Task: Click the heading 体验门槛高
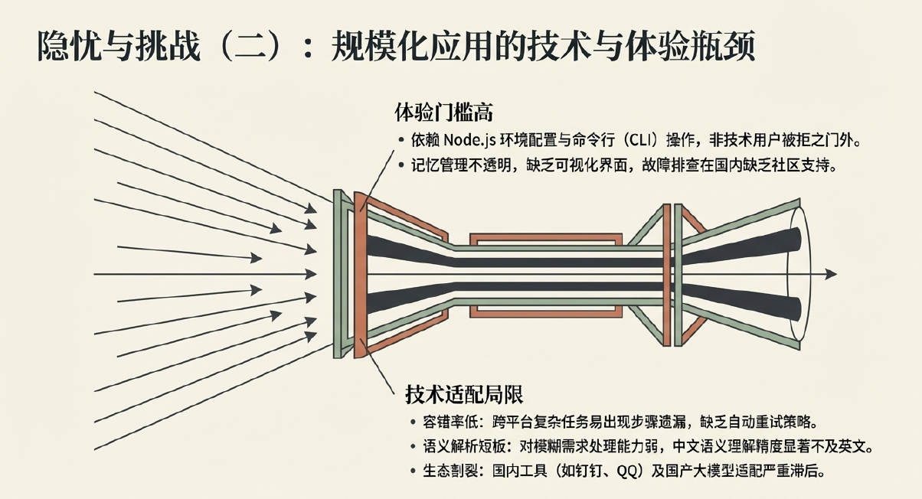(x=443, y=113)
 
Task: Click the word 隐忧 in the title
(x=64, y=47)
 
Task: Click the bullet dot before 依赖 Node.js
(x=401, y=141)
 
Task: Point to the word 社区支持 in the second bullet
(x=799, y=165)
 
